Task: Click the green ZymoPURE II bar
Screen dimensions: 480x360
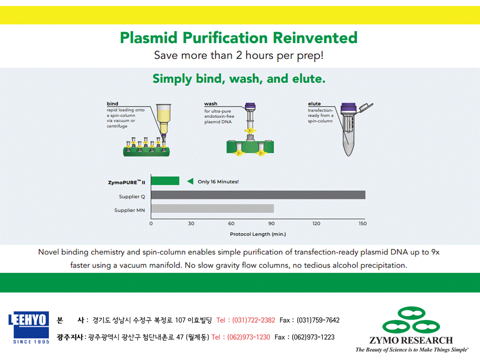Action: pos(165,181)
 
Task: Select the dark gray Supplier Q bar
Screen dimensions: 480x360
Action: pos(258,195)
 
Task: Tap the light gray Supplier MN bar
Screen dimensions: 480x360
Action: pos(212,208)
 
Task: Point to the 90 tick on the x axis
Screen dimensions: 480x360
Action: pos(271,223)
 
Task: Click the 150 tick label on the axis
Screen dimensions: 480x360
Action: pos(362,223)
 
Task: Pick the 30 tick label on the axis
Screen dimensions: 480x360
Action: pos(191,223)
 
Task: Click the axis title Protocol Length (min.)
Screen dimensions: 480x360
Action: pos(258,234)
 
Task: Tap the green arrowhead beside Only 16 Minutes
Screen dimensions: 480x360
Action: pos(190,181)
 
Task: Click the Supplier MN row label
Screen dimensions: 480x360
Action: pos(129,210)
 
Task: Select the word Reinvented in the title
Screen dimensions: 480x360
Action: pos(315,37)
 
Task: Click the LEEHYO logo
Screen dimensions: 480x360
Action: pos(29,327)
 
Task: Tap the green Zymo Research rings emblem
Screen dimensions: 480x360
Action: pos(411,320)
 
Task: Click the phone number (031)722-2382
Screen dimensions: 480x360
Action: pos(253,320)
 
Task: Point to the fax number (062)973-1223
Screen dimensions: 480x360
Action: pos(313,337)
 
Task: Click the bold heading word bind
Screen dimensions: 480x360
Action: pos(112,104)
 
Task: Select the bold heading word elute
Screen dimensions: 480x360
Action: pos(314,104)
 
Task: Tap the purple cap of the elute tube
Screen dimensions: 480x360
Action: pos(348,108)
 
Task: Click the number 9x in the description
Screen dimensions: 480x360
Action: pos(435,252)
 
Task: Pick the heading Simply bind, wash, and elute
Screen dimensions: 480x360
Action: pos(239,78)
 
